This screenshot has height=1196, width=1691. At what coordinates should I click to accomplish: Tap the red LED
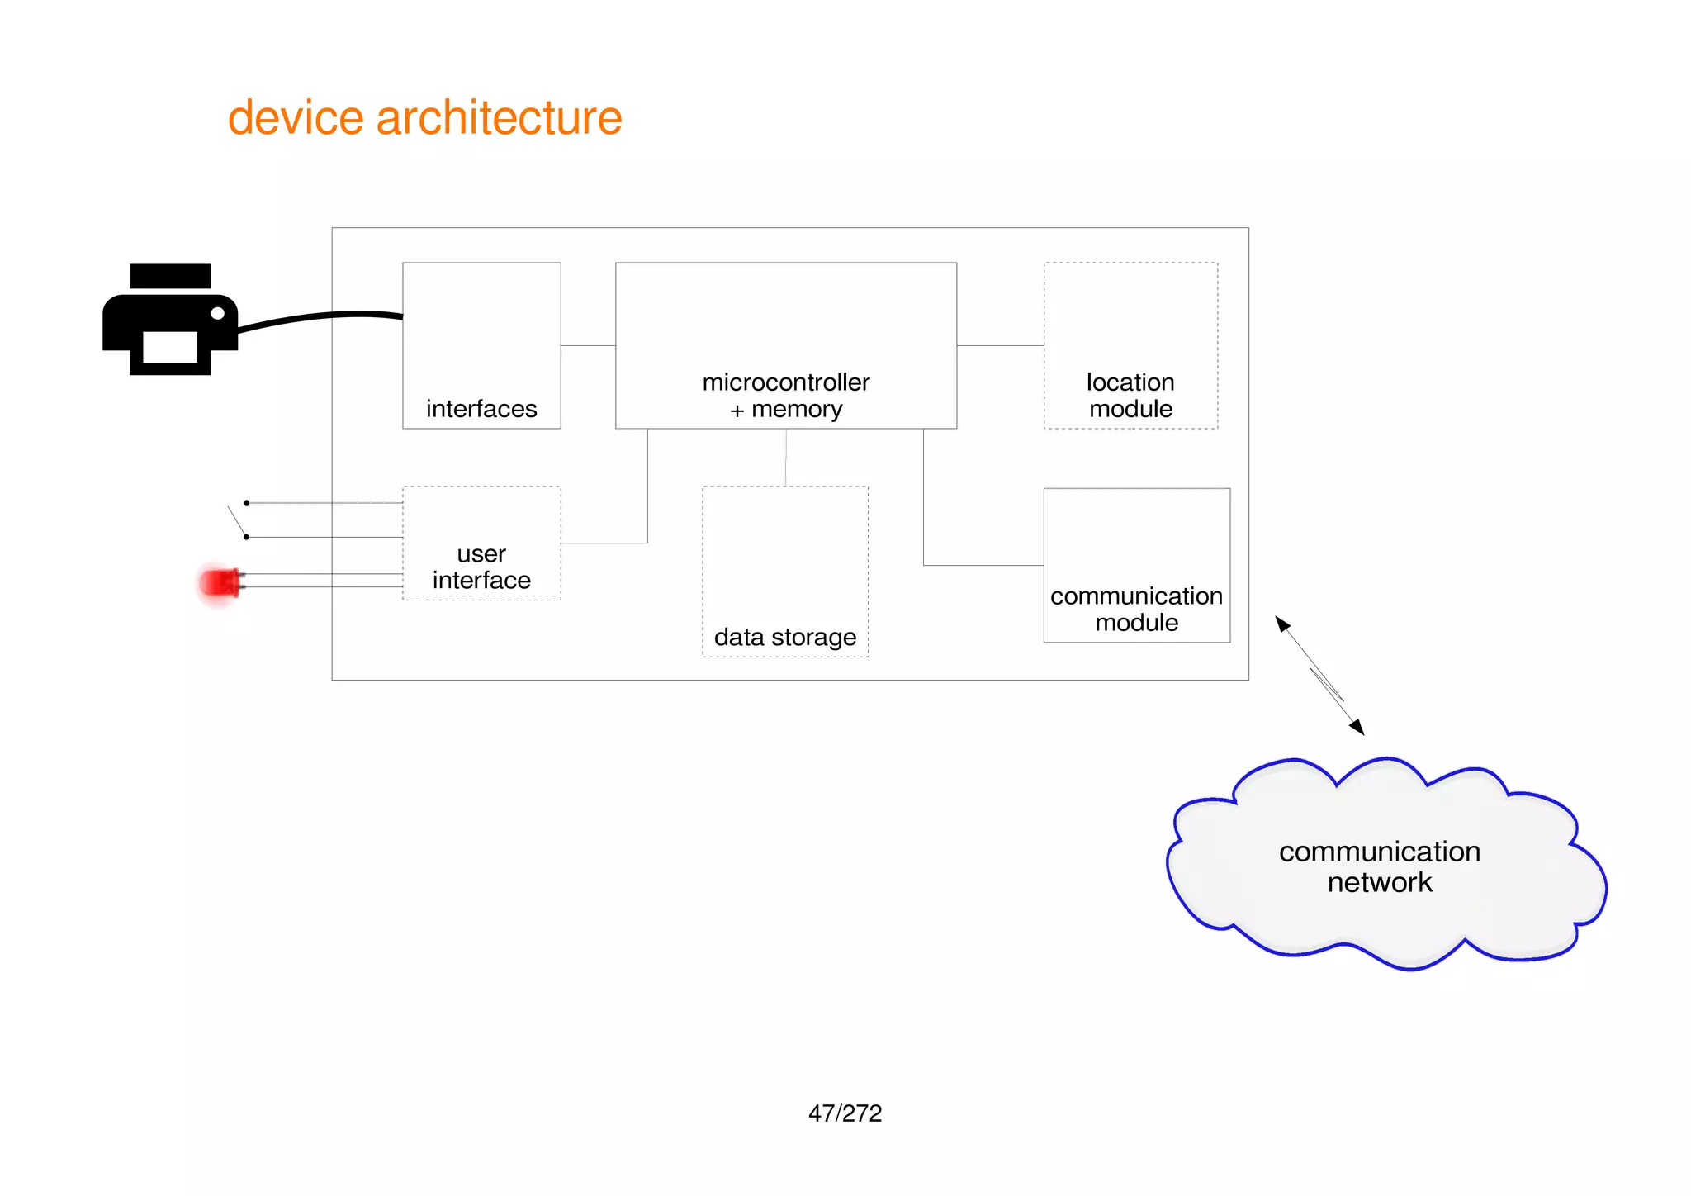[x=219, y=583]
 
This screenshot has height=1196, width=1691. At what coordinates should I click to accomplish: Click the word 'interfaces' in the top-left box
[x=481, y=409]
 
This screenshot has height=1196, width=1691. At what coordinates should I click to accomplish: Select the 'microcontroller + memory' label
[x=786, y=396]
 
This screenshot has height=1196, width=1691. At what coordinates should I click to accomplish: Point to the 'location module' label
[x=1130, y=396]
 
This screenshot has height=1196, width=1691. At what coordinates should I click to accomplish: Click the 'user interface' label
[x=481, y=567]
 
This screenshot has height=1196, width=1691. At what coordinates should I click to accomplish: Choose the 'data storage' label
[x=785, y=638]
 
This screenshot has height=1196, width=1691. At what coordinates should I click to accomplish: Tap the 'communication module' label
[x=1136, y=609]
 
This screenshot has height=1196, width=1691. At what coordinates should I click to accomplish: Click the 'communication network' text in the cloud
[x=1380, y=866]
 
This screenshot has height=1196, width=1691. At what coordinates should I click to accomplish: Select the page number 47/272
[x=845, y=1113]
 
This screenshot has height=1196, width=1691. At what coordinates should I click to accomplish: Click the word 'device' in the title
[x=296, y=117]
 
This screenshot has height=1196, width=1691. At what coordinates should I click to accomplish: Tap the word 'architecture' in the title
[x=499, y=117]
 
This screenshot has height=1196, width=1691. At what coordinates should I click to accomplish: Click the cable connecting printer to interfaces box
[x=322, y=316]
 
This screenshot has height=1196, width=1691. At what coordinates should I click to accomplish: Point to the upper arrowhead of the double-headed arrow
[x=1282, y=624]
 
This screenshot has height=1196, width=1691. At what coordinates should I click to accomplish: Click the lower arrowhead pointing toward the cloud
[x=1357, y=727]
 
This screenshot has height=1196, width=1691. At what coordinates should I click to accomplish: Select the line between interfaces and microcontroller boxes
[x=588, y=345]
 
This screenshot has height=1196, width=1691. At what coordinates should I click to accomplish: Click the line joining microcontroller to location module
[x=1000, y=345]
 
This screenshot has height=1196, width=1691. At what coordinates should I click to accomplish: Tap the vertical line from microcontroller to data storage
[x=786, y=457]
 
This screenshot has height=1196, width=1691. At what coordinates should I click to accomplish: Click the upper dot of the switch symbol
[x=246, y=503]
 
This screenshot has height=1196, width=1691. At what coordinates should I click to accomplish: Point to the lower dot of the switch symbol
[x=246, y=537]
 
